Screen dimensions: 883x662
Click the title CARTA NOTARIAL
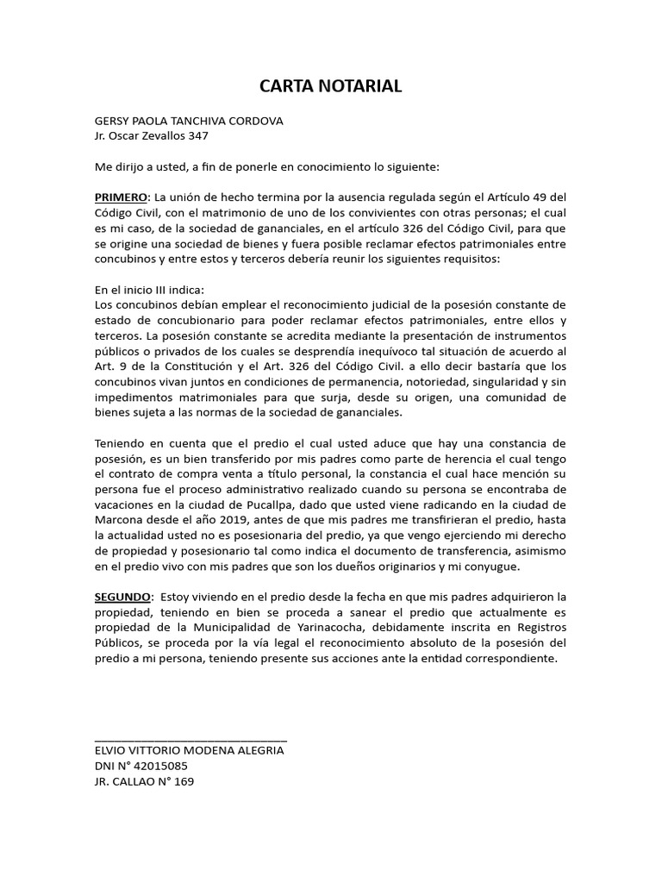tap(331, 86)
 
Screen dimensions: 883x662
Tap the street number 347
tap(198, 135)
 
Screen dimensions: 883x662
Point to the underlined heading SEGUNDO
tap(122, 597)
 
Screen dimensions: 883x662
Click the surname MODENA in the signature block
tap(195, 751)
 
